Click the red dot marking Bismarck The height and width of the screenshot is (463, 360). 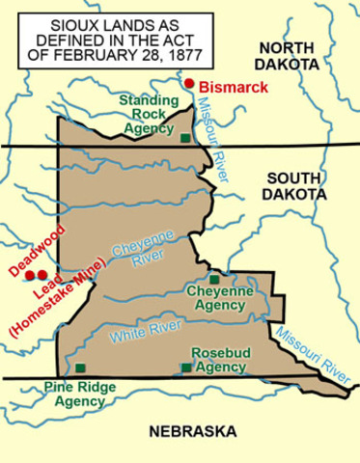point(190,85)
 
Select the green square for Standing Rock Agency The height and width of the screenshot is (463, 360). point(185,138)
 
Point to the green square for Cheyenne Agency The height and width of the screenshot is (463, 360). point(214,279)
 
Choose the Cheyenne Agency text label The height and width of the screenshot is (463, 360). point(219,298)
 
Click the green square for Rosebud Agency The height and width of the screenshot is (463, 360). point(186,368)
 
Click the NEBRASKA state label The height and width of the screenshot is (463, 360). point(193,431)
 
